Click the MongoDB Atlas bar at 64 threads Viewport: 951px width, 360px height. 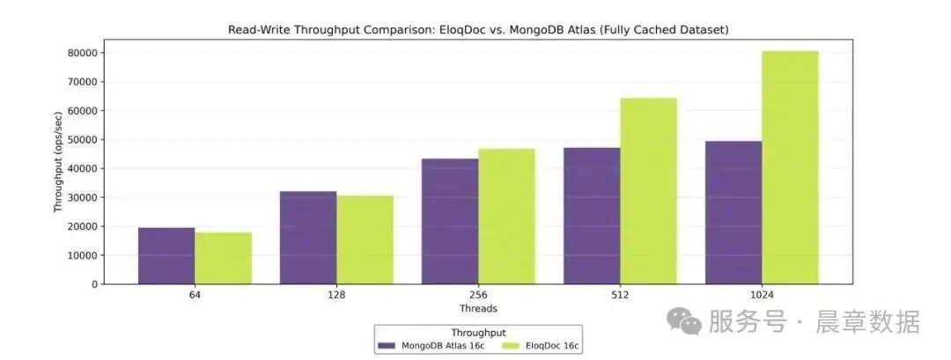click(x=166, y=256)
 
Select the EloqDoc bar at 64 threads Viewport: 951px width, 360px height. click(x=223, y=258)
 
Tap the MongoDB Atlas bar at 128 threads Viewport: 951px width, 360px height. click(x=308, y=238)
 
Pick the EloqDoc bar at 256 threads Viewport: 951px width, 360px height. click(x=506, y=217)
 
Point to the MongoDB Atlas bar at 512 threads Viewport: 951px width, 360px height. click(x=592, y=216)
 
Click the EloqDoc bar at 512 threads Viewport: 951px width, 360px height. click(x=648, y=191)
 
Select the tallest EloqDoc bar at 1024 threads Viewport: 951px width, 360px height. click(x=790, y=167)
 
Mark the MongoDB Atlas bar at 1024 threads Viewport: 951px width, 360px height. click(x=734, y=212)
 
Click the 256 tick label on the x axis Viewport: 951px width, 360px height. click(x=478, y=296)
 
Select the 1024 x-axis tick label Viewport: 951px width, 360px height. click(x=762, y=296)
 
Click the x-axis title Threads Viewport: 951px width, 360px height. click(x=478, y=309)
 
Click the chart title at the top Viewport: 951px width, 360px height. click(x=478, y=30)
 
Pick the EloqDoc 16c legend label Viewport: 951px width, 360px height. click(x=551, y=346)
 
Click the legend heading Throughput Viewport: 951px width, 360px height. click(x=478, y=333)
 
